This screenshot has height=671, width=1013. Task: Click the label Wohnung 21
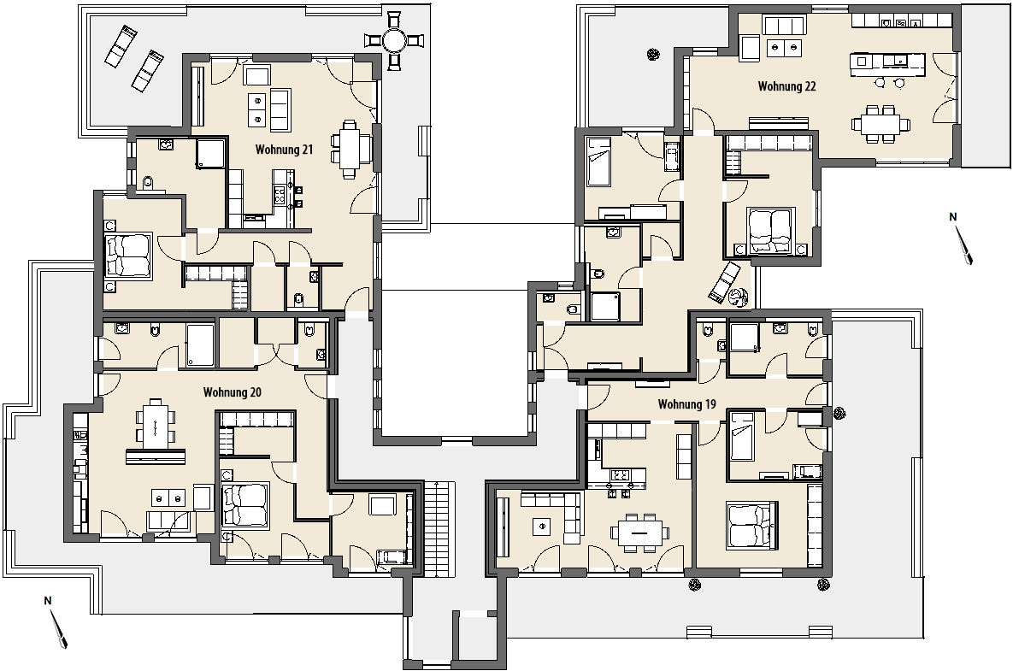pyautogui.click(x=285, y=150)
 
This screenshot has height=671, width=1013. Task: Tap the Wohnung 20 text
pyautogui.click(x=232, y=392)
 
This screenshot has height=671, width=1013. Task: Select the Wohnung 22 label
pyautogui.click(x=786, y=85)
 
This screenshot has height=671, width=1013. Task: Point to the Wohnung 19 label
pyautogui.click(x=686, y=405)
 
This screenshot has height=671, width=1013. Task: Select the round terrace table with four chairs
pyautogui.click(x=393, y=41)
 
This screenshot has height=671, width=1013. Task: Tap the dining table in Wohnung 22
pyautogui.click(x=880, y=123)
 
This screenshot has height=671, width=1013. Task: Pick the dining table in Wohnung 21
pyautogui.click(x=350, y=150)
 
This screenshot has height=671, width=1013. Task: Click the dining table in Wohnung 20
pyautogui.click(x=155, y=424)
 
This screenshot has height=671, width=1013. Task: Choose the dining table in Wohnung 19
pyautogui.click(x=640, y=533)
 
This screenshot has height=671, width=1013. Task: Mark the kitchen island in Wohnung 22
pyautogui.click(x=887, y=61)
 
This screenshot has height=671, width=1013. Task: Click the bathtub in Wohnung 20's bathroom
pyautogui.click(x=200, y=346)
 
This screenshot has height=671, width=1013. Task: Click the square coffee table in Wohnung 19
pyautogui.click(x=541, y=527)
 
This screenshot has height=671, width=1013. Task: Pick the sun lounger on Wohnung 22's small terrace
pyautogui.click(x=724, y=282)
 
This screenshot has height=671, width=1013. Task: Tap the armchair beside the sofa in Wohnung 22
pyautogui.click(x=750, y=49)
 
